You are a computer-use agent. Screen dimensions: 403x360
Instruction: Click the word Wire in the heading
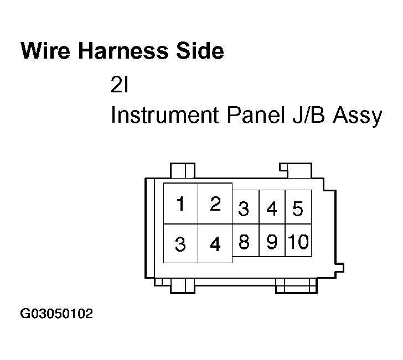point(45,50)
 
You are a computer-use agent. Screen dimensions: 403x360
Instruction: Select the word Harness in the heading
point(123,50)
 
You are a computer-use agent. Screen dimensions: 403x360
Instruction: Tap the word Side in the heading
point(200,50)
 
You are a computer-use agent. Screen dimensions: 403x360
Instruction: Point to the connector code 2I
point(119,85)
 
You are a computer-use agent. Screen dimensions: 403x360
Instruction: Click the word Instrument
point(165,115)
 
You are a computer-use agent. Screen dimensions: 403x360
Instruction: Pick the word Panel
point(256,115)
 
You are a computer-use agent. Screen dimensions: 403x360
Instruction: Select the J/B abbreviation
point(309,115)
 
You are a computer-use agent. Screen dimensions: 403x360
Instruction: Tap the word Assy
point(358,116)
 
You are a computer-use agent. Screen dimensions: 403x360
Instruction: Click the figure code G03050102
point(56,314)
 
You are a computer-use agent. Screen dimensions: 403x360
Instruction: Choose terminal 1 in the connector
point(180,204)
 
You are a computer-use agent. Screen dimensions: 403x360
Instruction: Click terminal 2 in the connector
point(215,204)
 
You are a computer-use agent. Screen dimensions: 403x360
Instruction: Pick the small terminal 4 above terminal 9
point(272,207)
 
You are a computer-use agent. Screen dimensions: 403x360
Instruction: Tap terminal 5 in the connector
point(298,207)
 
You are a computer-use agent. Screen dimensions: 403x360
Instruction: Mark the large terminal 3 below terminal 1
point(180,243)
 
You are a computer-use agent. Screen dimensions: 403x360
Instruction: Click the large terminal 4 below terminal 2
point(215,243)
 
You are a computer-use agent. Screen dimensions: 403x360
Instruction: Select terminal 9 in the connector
point(272,241)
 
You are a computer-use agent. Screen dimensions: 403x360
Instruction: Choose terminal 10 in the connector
point(298,241)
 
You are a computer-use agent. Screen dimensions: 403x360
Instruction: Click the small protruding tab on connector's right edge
point(340,268)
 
